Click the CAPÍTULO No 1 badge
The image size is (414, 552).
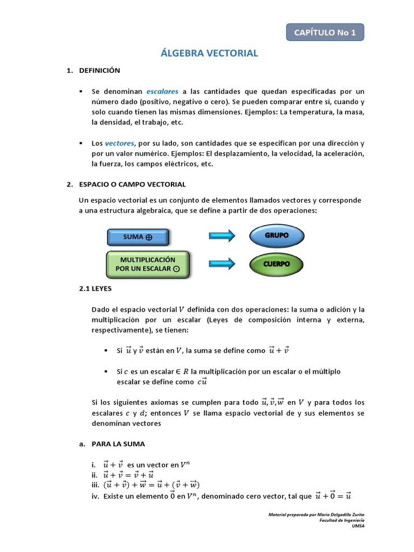coord(325,32)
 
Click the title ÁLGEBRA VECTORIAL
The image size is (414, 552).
coord(210,53)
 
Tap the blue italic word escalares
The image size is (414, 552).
coord(162,91)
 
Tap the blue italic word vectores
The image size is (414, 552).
coord(119,143)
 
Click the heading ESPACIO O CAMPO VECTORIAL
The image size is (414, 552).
coord(132,184)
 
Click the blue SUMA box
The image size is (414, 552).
coord(139,237)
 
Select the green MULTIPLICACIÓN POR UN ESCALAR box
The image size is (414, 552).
coord(147,264)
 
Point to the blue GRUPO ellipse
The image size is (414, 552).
coord(277,236)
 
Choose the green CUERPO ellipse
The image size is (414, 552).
coord(277,264)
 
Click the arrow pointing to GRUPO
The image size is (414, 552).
coord(222,236)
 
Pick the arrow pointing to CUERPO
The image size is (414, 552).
coord(222,264)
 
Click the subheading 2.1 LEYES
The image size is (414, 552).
coord(95,289)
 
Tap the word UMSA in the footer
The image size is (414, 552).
coord(358,526)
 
